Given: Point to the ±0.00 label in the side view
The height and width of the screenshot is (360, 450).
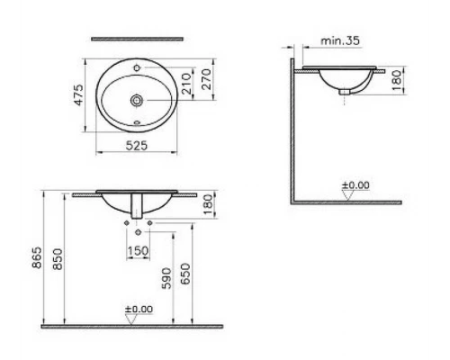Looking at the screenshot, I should [355, 185].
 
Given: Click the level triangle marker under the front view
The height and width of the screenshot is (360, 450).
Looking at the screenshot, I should [132, 318].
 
